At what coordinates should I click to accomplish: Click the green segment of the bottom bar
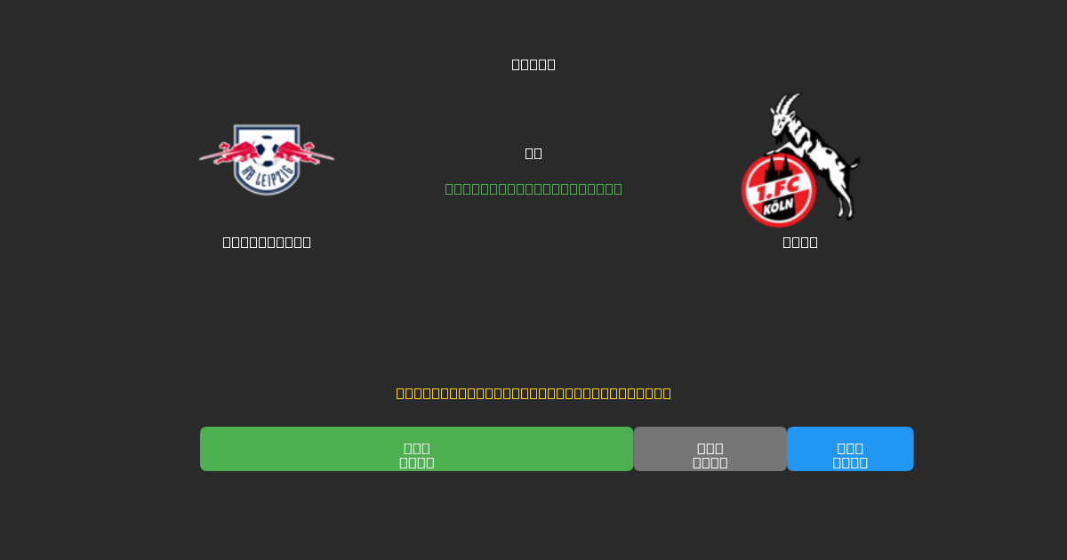click(x=416, y=449)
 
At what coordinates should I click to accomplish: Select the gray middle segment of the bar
click(x=710, y=449)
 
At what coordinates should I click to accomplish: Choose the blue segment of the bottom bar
click(x=850, y=449)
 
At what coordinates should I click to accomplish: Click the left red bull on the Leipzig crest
click(x=227, y=153)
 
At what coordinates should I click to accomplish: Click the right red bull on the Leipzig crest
click(x=307, y=153)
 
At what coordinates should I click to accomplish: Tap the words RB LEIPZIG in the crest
click(x=267, y=177)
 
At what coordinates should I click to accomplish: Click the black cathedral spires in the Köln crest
click(x=778, y=167)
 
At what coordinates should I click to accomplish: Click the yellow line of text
click(x=533, y=393)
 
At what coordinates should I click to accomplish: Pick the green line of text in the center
click(x=533, y=188)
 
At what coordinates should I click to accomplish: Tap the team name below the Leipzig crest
click(x=267, y=242)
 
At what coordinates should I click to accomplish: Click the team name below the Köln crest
click(x=800, y=242)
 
